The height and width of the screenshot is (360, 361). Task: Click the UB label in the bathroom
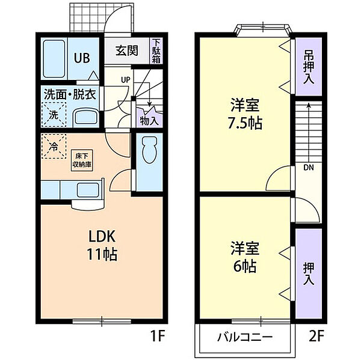(82, 58)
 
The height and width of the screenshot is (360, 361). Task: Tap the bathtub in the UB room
(54, 59)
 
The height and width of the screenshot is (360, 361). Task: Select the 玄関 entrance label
(127, 50)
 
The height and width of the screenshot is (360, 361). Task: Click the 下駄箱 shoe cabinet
(156, 50)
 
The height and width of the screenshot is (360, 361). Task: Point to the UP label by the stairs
(126, 80)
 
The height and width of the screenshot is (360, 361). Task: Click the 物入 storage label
(149, 121)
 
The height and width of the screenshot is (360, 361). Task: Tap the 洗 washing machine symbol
(54, 115)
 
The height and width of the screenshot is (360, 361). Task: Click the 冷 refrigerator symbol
(54, 147)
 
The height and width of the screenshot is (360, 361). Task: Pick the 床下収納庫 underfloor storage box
(82, 160)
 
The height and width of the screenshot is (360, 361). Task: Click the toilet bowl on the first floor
(149, 150)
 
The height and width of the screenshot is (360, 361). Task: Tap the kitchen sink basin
(88, 190)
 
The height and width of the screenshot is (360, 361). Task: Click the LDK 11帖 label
(102, 245)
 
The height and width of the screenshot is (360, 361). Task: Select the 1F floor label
(158, 336)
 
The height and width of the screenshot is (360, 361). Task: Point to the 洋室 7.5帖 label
(245, 114)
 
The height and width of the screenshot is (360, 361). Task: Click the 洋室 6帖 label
(245, 257)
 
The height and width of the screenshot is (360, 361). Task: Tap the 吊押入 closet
(308, 67)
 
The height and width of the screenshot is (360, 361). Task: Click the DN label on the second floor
(309, 168)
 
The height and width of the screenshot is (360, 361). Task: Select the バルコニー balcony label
(245, 337)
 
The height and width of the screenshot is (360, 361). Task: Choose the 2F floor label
(316, 336)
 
